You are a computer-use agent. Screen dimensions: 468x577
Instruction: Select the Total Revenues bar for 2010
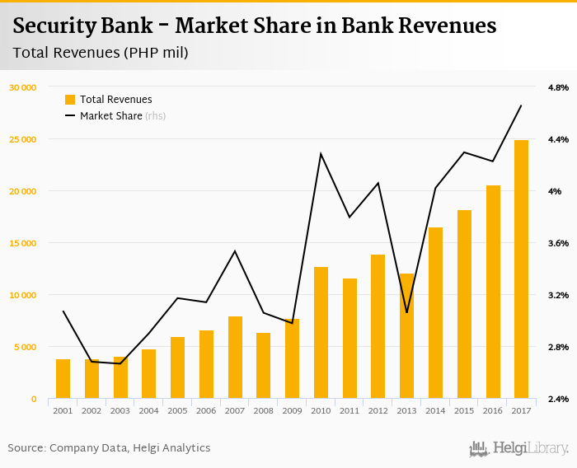(x=321, y=333)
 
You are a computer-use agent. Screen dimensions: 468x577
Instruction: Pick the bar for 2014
(x=435, y=313)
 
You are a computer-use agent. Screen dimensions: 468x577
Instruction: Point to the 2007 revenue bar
(x=235, y=358)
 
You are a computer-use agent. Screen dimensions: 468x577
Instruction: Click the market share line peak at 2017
(x=521, y=105)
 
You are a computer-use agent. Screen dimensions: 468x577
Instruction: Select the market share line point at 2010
(x=321, y=154)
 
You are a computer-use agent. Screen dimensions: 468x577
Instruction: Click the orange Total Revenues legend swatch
(x=70, y=100)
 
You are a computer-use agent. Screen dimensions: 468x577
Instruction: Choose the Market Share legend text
(x=111, y=116)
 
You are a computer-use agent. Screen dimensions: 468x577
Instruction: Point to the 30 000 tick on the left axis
(x=23, y=87)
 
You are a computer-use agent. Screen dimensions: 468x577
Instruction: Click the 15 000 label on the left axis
(x=23, y=243)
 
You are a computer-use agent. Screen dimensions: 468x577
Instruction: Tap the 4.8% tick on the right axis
(x=558, y=87)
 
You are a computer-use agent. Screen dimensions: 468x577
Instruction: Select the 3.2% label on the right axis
(x=558, y=295)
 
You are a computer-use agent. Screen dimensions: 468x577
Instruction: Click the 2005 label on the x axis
(x=177, y=410)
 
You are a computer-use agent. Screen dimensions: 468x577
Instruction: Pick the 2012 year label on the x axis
(x=378, y=410)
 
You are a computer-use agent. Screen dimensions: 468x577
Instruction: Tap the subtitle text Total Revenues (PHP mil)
(x=101, y=54)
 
